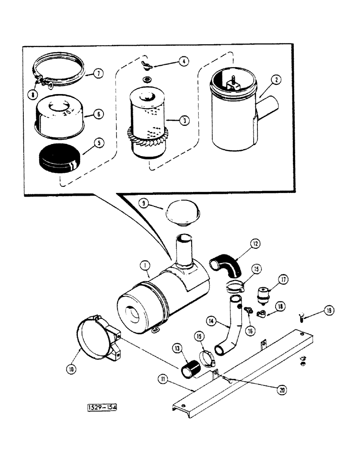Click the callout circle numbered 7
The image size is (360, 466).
(97, 74)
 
